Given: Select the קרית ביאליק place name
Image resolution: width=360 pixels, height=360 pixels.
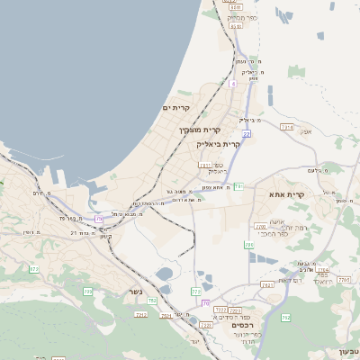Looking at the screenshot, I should [x=219, y=144].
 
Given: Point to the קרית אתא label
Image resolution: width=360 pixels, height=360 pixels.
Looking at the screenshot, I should [x=287, y=193].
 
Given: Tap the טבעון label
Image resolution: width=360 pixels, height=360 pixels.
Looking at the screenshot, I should [x=348, y=350].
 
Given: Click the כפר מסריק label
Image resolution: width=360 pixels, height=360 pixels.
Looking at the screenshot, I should [x=243, y=17].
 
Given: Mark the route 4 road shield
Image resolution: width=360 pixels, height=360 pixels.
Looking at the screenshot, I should [x=232, y=84].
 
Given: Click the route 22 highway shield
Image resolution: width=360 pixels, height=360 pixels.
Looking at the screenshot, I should [x=246, y=134].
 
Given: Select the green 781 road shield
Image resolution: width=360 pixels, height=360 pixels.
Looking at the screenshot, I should [x=238, y=186].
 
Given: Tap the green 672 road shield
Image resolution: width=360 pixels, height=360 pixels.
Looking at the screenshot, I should [x=34, y=268].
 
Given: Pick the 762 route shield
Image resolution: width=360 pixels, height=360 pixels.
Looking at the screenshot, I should [x=285, y=318].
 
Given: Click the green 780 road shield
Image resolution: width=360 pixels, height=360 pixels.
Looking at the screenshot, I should [x=195, y=292].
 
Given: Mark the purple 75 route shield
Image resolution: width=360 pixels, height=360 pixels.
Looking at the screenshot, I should [x=99, y=219].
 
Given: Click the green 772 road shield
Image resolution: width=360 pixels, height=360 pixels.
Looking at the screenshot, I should [x=88, y=291].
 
